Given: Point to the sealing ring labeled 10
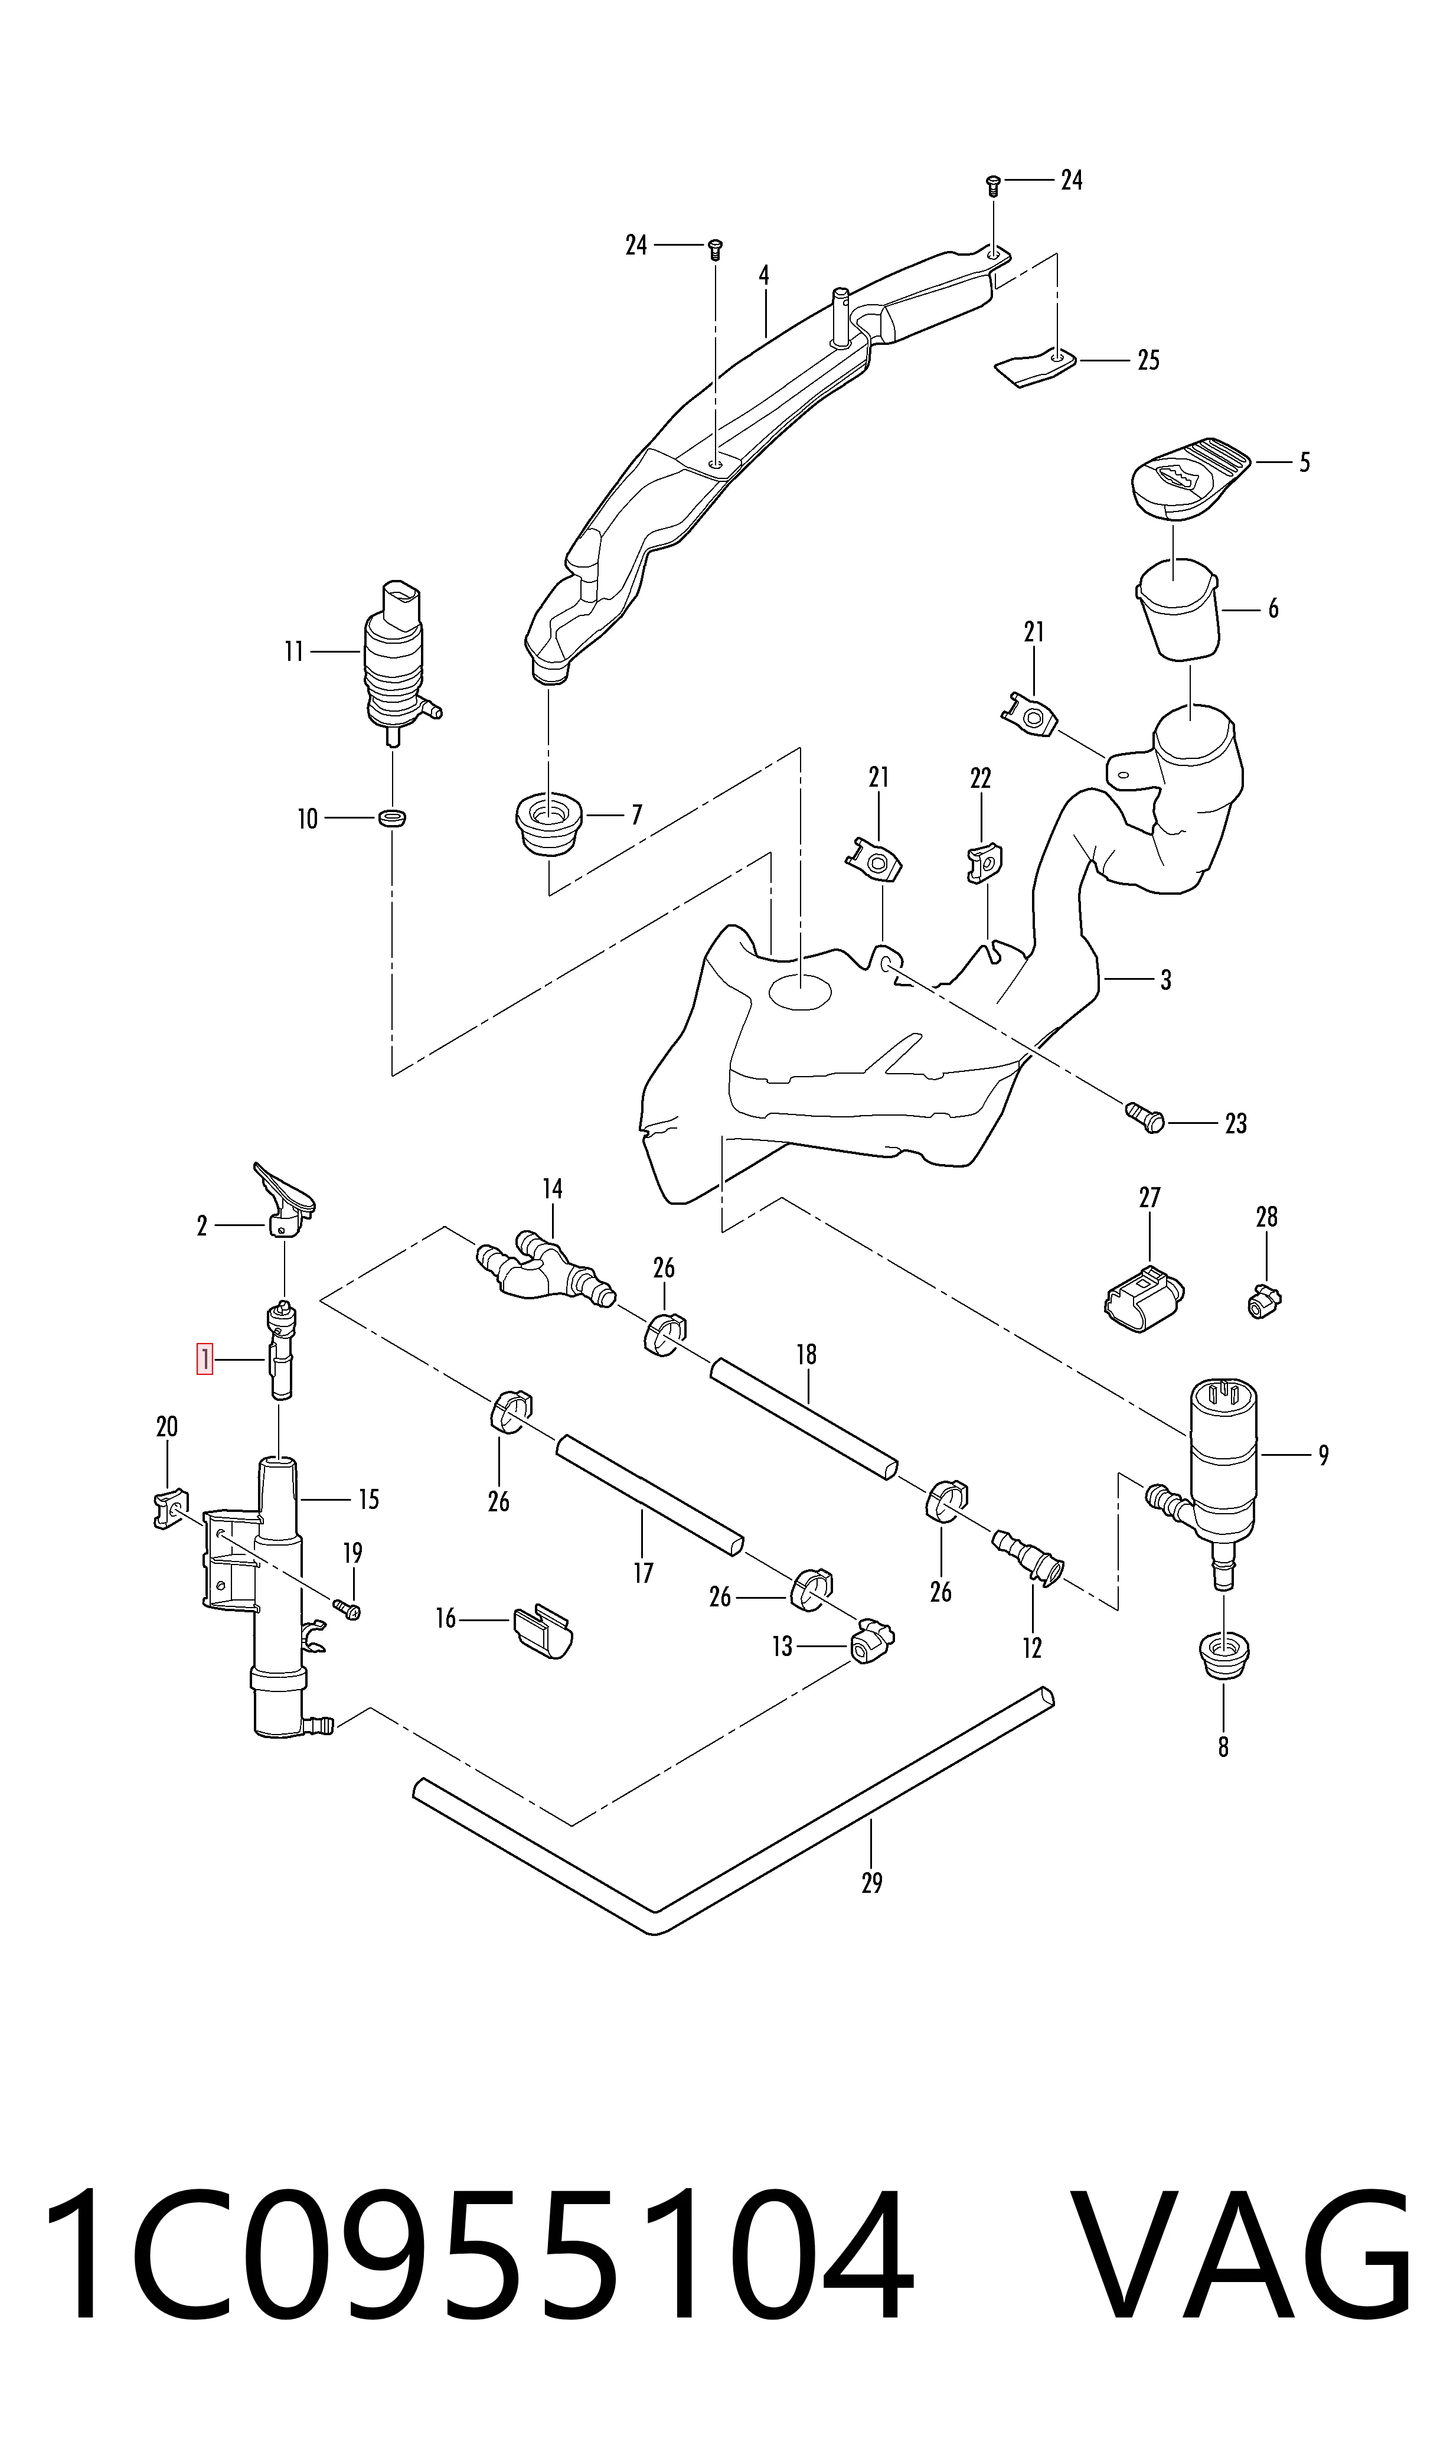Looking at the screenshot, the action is [x=392, y=817].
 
